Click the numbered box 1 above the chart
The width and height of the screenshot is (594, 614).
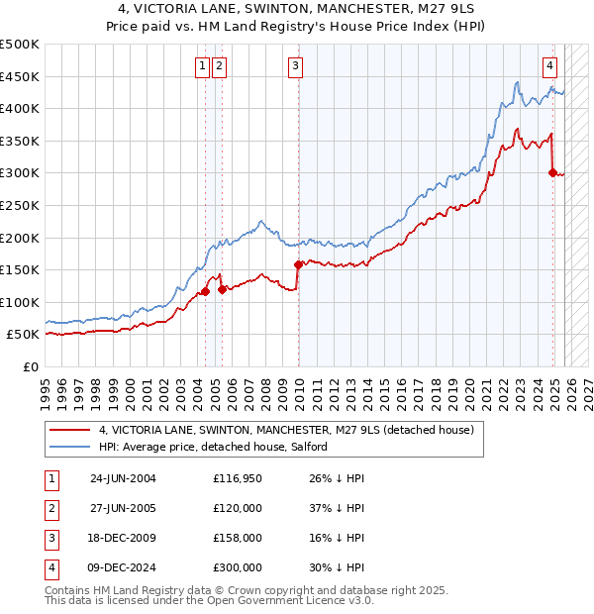click(x=202, y=66)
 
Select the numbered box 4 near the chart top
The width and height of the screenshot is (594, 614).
click(x=549, y=66)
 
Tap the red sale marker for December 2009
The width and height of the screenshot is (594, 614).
click(x=298, y=264)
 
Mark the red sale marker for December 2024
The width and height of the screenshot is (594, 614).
click(x=553, y=172)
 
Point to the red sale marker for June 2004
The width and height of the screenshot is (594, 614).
click(x=205, y=291)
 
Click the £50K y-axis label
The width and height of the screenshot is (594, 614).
click(x=23, y=335)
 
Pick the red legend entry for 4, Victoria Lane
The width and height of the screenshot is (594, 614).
click(x=287, y=430)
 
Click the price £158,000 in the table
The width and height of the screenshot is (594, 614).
click(x=237, y=538)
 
